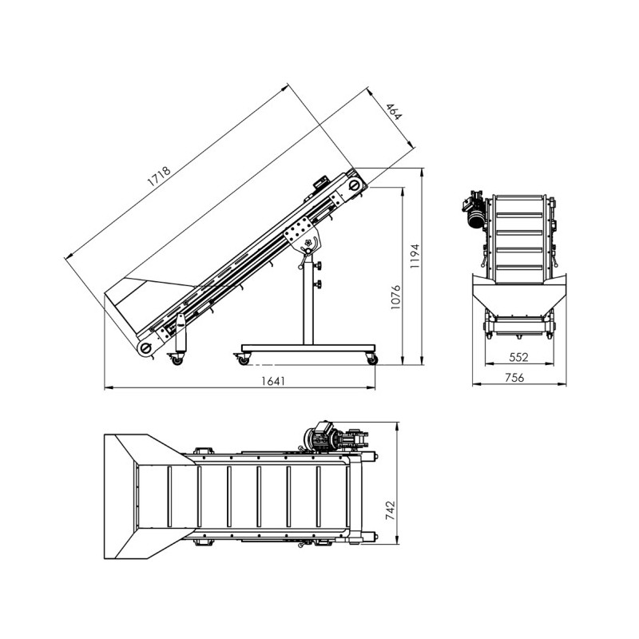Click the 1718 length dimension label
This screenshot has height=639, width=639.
(x=158, y=176)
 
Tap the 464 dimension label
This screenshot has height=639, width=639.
(x=394, y=112)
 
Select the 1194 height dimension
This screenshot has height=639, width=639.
(x=415, y=256)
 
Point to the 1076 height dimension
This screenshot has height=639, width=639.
(x=395, y=297)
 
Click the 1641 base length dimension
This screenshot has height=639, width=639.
(x=273, y=381)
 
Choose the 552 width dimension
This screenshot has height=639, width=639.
(x=518, y=357)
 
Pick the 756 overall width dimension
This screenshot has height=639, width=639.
(x=514, y=377)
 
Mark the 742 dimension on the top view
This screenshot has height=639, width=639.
(x=390, y=510)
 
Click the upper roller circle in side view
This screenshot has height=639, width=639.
(x=354, y=185)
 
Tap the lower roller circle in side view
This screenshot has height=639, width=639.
(x=145, y=347)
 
